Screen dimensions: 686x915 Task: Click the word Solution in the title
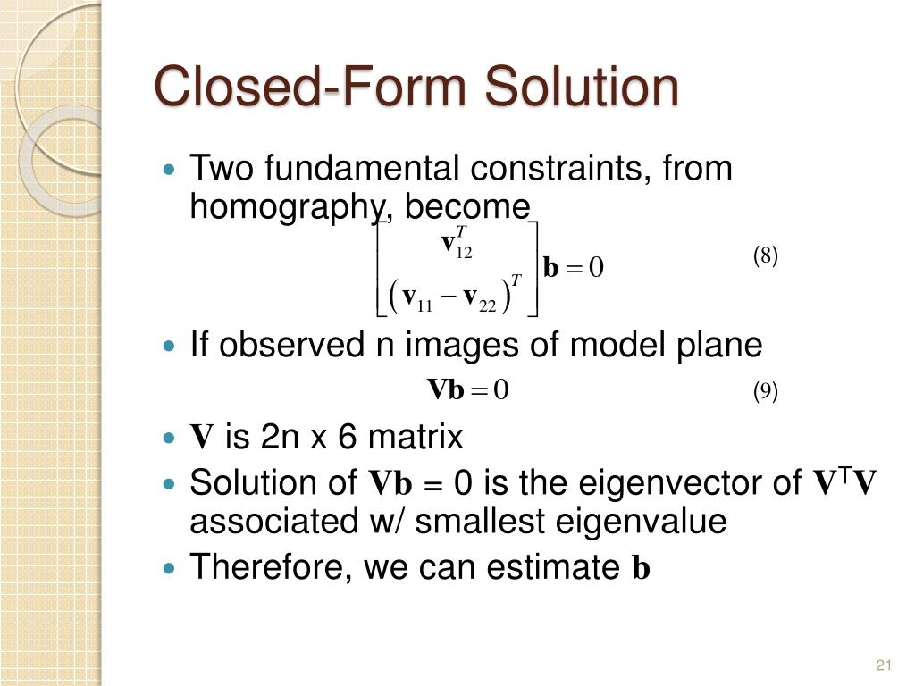point(582,88)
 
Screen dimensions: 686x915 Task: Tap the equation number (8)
point(765,257)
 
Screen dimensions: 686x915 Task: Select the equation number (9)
point(765,391)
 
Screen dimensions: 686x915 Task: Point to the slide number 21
point(885,665)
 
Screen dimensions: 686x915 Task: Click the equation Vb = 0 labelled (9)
point(467,390)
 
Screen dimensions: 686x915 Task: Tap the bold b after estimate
point(641,569)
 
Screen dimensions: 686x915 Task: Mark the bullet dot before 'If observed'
point(172,345)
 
